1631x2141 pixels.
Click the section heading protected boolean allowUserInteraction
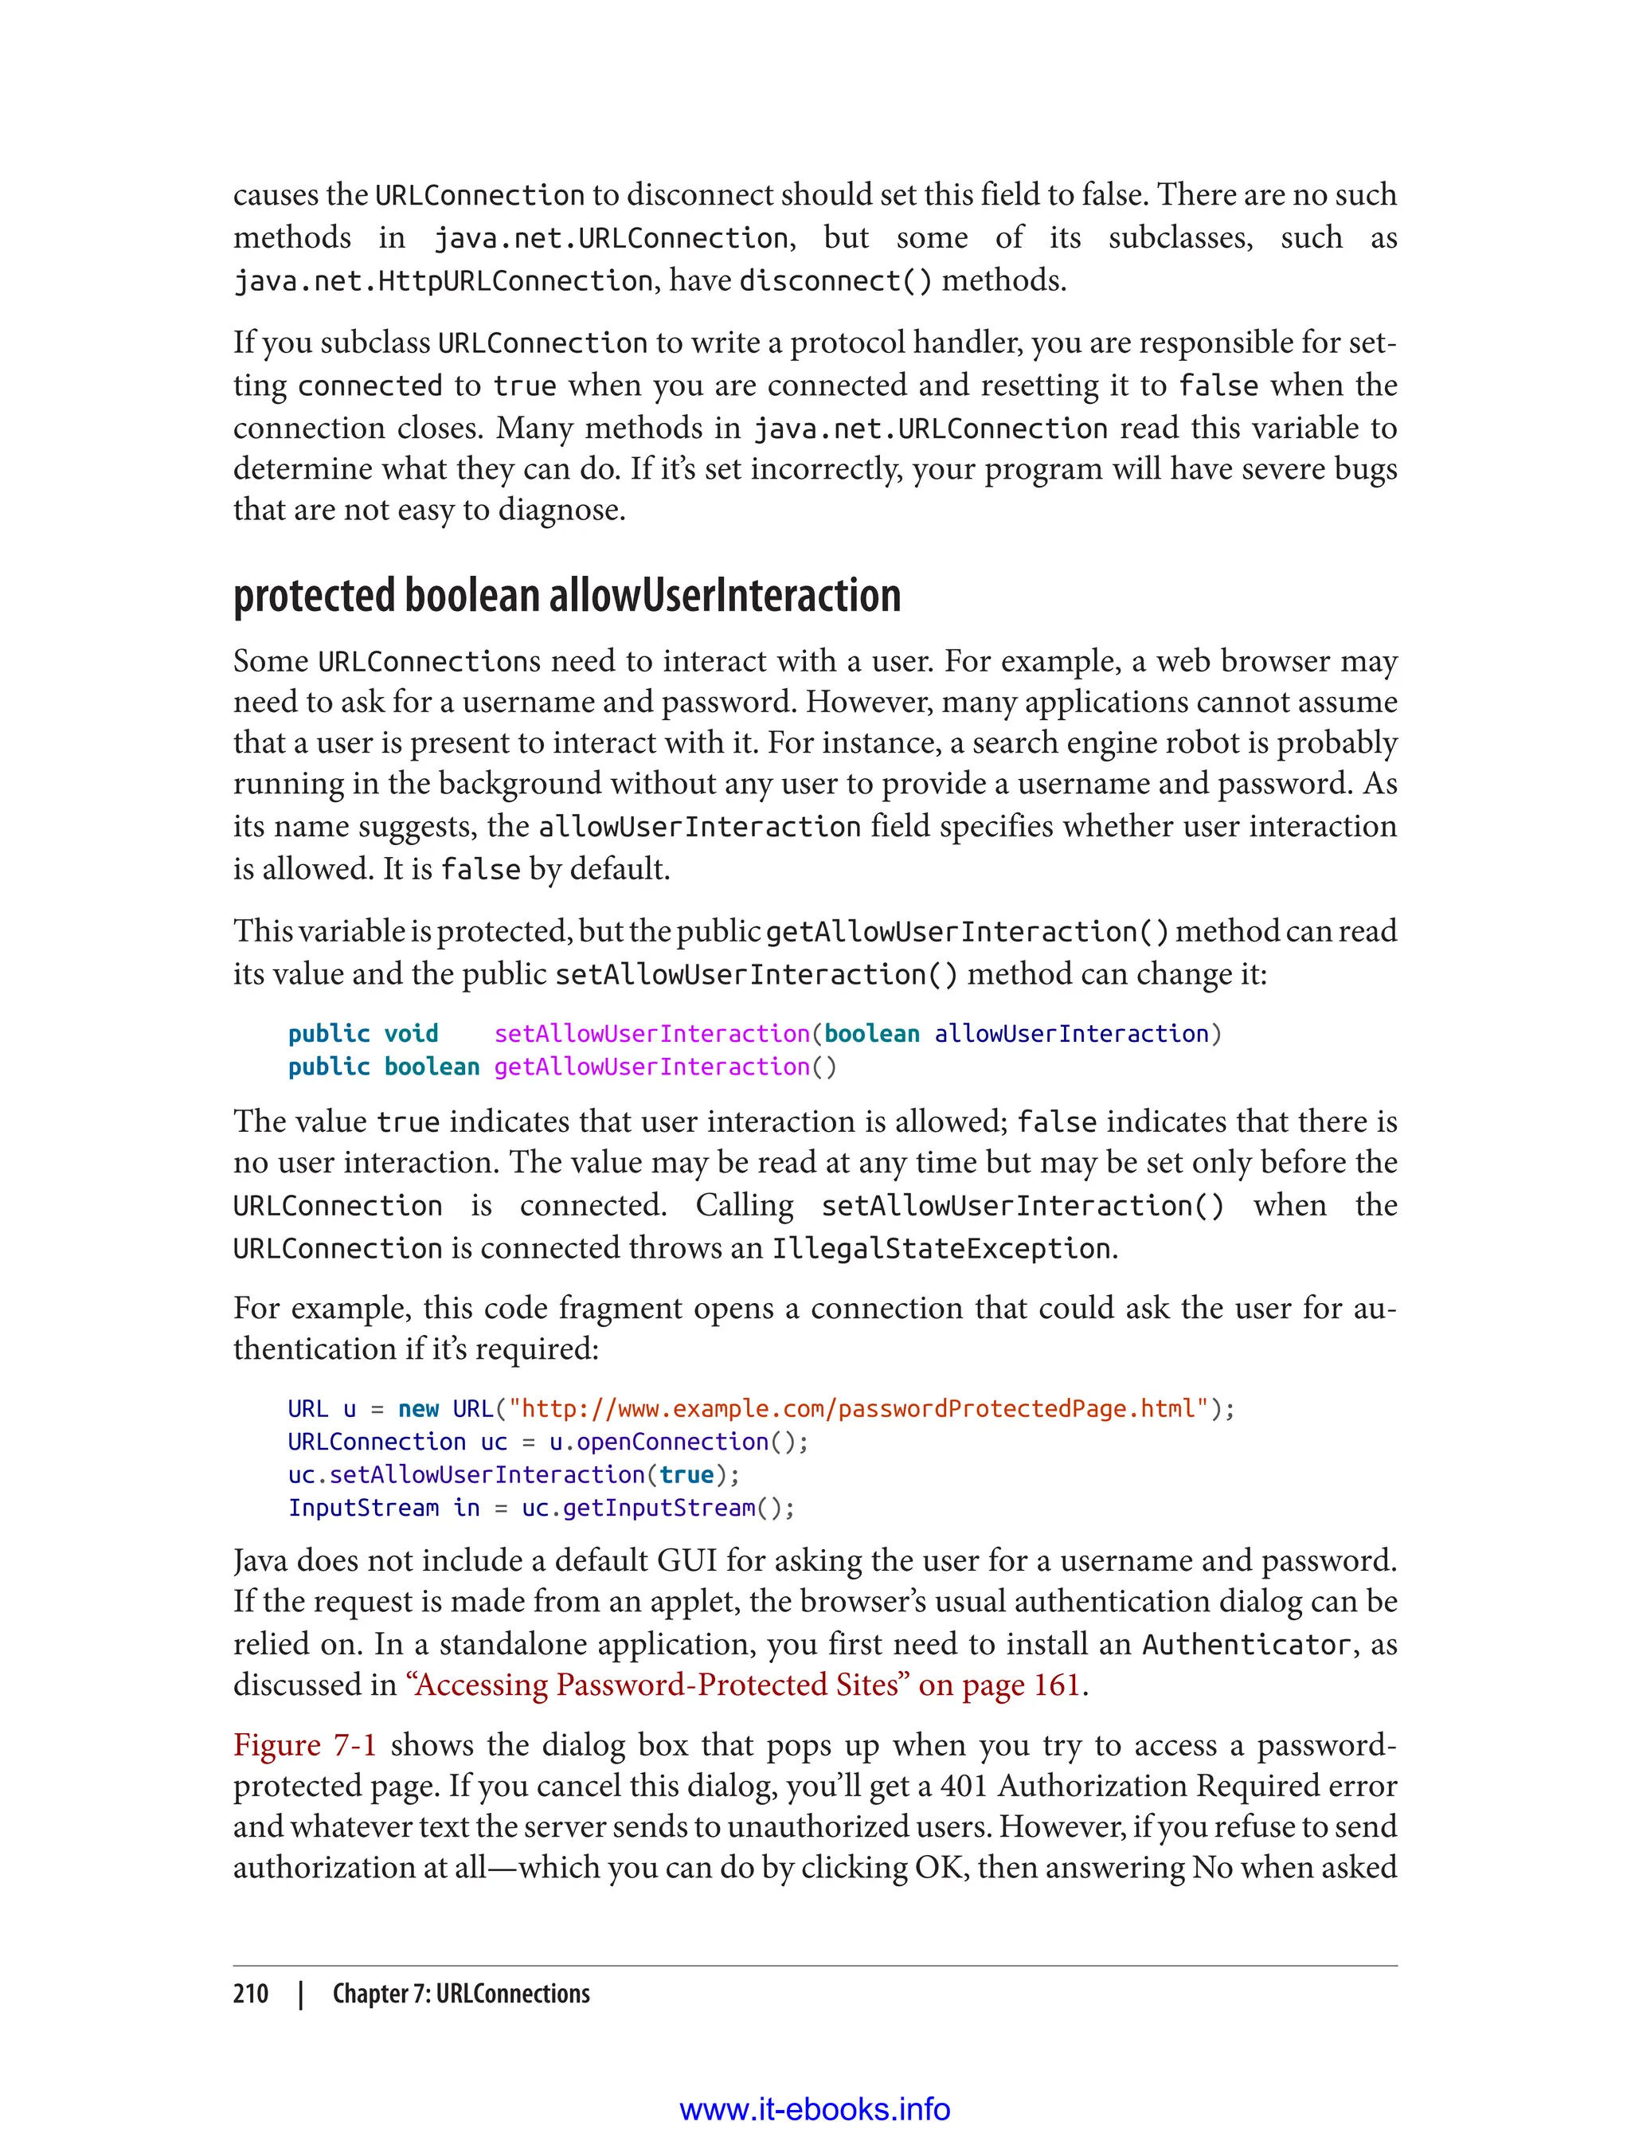tap(567, 596)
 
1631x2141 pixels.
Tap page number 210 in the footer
tap(251, 1994)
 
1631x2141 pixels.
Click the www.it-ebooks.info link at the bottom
tap(815, 2109)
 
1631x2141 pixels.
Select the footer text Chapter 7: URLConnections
tap(461, 1994)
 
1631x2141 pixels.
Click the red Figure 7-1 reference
tap(304, 1745)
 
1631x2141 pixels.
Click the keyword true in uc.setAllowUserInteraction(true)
tap(686, 1475)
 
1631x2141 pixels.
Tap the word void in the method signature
tap(411, 1034)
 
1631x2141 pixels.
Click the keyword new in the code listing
tap(418, 1409)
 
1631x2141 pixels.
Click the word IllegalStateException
tap(941, 1249)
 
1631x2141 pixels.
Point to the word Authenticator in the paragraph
tap(1246, 1645)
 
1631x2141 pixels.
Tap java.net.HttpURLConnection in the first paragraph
tap(443, 282)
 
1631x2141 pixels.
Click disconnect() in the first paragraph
tap(835, 282)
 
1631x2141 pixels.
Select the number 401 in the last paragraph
tap(964, 1786)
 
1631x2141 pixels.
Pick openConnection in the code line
tap(672, 1442)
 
